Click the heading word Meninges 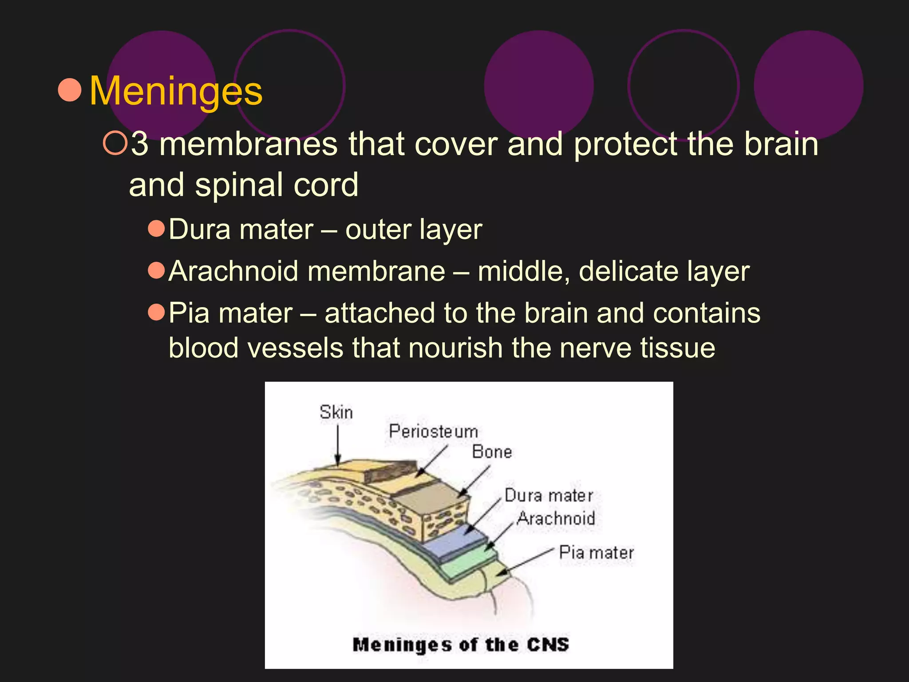[176, 91]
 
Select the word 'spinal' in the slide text [239, 185]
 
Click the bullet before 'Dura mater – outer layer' [156, 229]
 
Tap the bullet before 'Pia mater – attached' [156, 312]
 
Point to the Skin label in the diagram [336, 412]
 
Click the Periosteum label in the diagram [433, 432]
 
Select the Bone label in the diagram [492, 452]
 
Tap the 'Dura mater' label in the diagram [549, 496]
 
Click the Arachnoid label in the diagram [556, 518]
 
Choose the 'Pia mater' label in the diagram [596, 553]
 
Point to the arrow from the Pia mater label [526, 562]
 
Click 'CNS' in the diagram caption [548, 644]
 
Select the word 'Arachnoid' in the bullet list [233, 271]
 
